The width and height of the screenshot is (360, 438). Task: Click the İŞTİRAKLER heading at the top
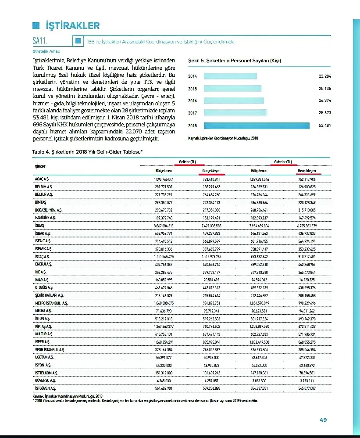pyautogui.click(x=72, y=25)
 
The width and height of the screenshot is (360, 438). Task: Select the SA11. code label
pyautogui.click(x=40, y=41)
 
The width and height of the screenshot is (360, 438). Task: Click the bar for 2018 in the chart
pyautogui.click(x=257, y=126)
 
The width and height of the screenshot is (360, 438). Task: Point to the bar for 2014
pyautogui.click(x=230, y=76)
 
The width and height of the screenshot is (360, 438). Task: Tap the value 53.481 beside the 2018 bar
pyautogui.click(x=324, y=126)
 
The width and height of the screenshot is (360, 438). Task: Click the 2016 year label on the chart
pyautogui.click(x=192, y=101)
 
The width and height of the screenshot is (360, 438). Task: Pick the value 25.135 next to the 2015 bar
pyautogui.click(x=324, y=89)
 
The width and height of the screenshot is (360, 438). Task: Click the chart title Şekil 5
pyautogui.click(x=234, y=61)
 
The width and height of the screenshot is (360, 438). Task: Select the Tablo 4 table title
pyautogui.click(x=88, y=151)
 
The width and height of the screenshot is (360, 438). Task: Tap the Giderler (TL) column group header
pyautogui.click(x=283, y=162)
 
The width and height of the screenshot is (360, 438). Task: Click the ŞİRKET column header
pyautogui.click(x=40, y=166)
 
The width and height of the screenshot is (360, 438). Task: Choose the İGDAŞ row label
pyautogui.click(x=40, y=226)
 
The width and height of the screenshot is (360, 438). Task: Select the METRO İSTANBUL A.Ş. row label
pyautogui.click(x=51, y=303)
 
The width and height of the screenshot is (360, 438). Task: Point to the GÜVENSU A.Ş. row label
pyautogui.click(x=45, y=380)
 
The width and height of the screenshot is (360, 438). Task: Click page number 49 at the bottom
pyautogui.click(x=323, y=420)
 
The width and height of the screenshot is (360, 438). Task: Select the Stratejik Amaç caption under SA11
pyautogui.click(x=46, y=51)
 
